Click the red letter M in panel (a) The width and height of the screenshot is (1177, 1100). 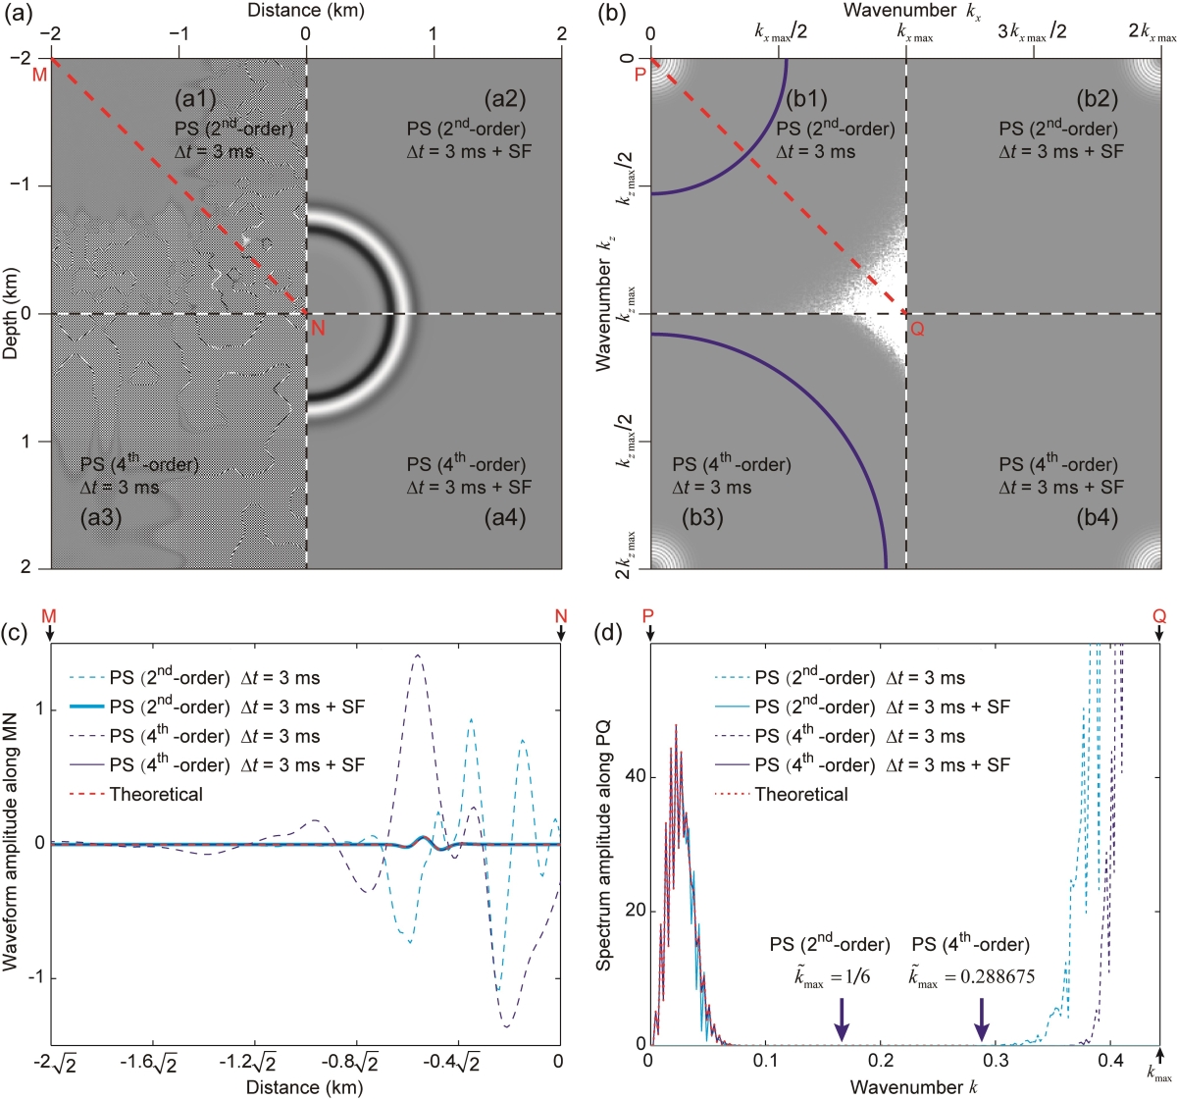tap(39, 75)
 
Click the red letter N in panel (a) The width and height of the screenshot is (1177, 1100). tap(318, 329)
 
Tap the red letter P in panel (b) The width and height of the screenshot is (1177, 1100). tap(640, 75)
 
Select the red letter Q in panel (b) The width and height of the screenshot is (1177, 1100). tap(918, 329)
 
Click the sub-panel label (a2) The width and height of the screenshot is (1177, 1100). tap(504, 99)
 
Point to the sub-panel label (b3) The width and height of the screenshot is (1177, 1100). tap(702, 517)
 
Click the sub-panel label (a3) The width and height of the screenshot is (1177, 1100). tap(101, 517)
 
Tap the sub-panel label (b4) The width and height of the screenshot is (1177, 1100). tap(1097, 517)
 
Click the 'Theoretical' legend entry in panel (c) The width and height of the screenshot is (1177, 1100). tap(156, 795)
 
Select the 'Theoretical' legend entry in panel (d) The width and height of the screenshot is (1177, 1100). tap(800, 795)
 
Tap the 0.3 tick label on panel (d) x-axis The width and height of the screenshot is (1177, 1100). tap(996, 1061)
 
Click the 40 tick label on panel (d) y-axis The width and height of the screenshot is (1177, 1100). tap(636, 776)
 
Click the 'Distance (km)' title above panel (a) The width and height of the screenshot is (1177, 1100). tap(305, 11)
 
